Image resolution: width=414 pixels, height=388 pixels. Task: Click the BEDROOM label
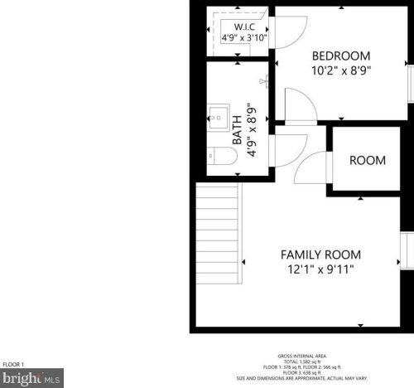341,56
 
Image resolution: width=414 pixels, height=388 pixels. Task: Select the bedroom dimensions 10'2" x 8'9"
341,71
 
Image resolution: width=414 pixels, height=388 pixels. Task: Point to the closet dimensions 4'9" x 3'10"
244,37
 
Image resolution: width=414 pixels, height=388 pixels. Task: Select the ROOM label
366,160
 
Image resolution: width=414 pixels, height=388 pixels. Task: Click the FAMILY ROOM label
320,255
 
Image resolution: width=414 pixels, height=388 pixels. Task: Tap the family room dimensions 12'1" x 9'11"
320,269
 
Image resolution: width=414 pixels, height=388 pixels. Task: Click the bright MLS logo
31,377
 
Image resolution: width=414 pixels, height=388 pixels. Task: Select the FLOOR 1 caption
14,364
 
